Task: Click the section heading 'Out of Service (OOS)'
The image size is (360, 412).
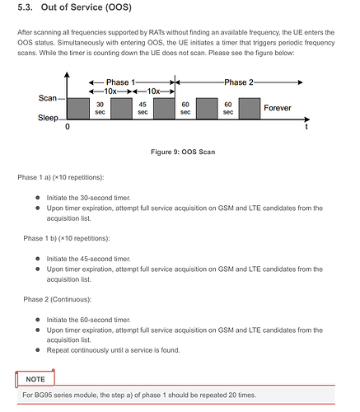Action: pyautogui.click(x=86, y=7)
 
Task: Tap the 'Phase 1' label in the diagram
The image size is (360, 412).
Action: pyautogui.click(x=120, y=82)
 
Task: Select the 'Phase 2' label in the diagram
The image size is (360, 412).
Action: pyautogui.click(x=239, y=82)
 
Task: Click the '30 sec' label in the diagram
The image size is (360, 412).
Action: pyautogui.click(x=100, y=108)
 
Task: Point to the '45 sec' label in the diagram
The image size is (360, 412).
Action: pyautogui.click(x=143, y=108)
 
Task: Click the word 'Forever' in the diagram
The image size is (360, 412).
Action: pyautogui.click(x=278, y=108)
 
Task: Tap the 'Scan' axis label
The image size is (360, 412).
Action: pyautogui.click(x=48, y=98)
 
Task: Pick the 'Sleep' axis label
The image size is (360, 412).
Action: pyautogui.click(x=48, y=118)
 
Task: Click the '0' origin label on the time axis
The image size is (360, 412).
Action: pyautogui.click(x=68, y=127)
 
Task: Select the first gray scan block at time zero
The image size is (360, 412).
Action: pyautogui.click(x=78, y=109)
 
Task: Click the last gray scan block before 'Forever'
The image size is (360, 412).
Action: pyautogui.click(x=250, y=109)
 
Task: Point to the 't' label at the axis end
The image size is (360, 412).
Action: pyautogui.click(x=306, y=127)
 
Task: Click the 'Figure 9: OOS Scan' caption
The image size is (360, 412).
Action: pyautogui.click(x=183, y=152)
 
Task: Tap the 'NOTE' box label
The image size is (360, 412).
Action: pyautogui.click(x=35, y=379)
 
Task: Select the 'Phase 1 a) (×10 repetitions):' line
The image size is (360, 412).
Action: pyautogui.click(x=61, y=177)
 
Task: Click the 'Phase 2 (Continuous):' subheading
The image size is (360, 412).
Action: pyautogui.click(x=57, y=299)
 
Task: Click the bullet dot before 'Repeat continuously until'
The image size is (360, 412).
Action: pyautogui.click(x=38, y=350)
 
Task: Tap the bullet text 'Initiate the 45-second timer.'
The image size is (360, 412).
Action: pyautogui.click(x=88, y=259)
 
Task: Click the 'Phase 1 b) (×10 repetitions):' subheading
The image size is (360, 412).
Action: pyautogui.click(x=67, y=238)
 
